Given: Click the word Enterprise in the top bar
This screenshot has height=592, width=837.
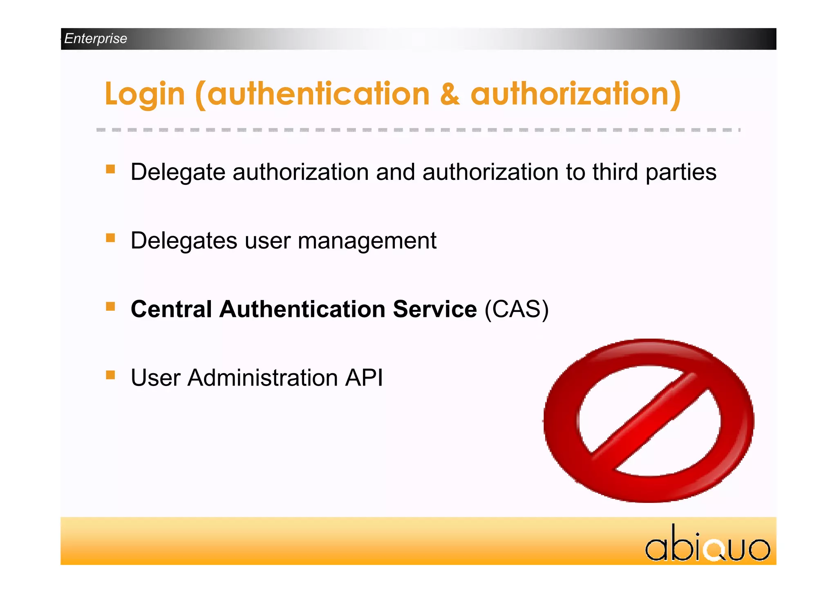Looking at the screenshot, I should tap(96, 38).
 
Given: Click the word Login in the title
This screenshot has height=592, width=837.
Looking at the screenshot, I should tap(145, 94).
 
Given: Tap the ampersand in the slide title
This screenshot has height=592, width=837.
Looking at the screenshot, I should tap(450, 94).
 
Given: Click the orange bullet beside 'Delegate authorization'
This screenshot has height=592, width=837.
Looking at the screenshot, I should tap(110, 169).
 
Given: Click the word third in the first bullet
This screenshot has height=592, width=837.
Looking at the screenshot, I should tap(615, 172).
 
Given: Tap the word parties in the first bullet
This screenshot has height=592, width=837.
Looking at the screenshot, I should tap(681, 173).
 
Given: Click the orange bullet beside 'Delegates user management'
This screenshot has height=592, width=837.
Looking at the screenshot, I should tap(110, 238).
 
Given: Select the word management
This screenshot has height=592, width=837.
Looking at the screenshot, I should tap(367, 241).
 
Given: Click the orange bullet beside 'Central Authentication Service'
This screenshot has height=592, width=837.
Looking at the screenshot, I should tap(110, 307).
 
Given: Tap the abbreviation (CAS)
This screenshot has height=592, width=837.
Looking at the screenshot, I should tap(517, 309).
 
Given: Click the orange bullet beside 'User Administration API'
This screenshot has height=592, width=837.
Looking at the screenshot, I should tap(110, 375).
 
